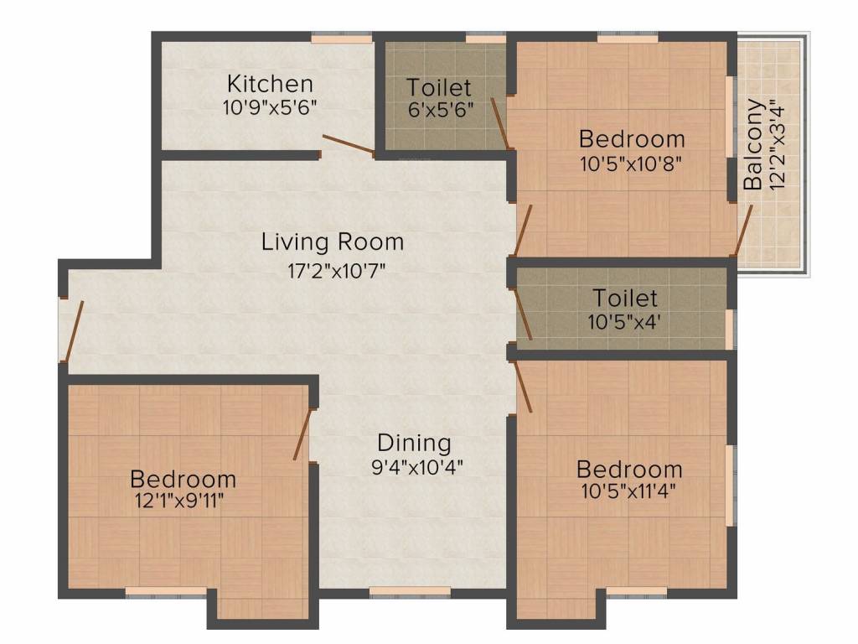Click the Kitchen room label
coord(271,84)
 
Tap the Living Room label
coord(333,242)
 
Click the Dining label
coord(414,443)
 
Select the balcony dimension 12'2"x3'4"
coord(779,145)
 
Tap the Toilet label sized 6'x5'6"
coord(439,87)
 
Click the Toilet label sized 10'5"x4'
coord(625,298)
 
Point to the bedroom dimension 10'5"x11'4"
coord(628,491)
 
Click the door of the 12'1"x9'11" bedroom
coord(303,434)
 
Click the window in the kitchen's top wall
coord(341,37)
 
